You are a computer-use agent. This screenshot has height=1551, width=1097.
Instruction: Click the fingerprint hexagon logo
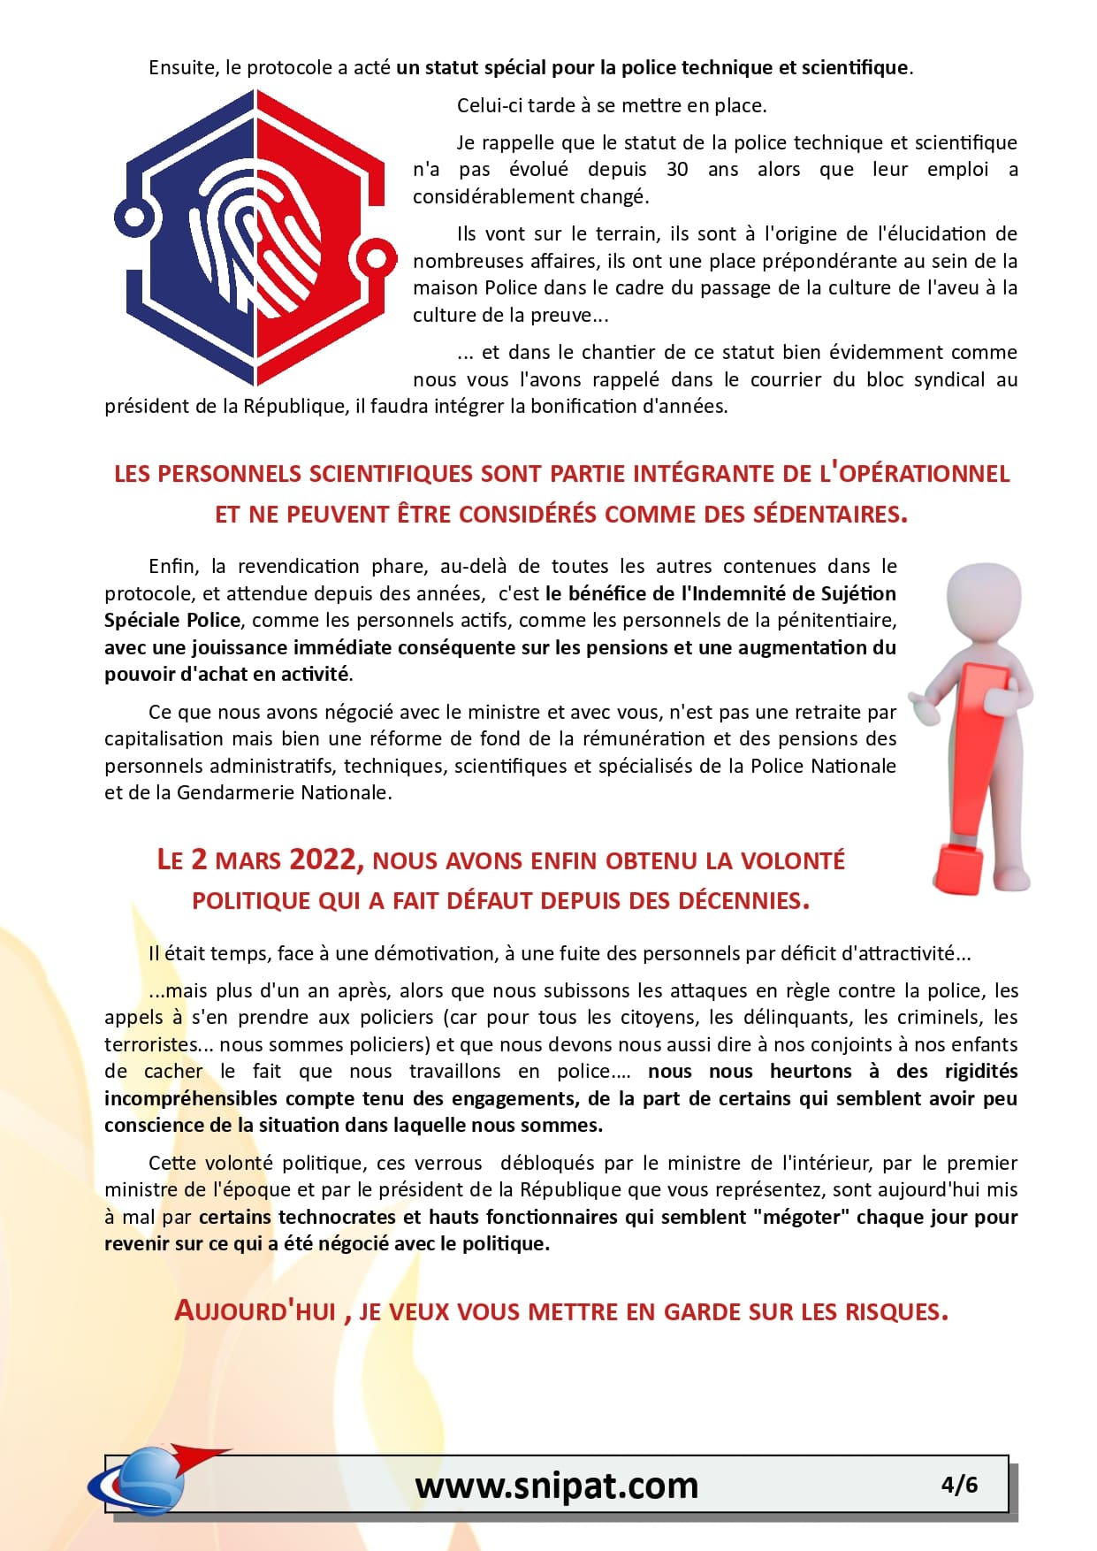pyautogui.click(x=255, y=237)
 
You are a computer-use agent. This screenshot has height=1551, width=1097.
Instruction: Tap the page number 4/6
pyautogui.click(x=959, y=1484)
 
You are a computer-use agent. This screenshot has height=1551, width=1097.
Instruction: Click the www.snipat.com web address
pyautogui.click(x=557, y=1485)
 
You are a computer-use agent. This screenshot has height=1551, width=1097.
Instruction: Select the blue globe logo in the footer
pyautogui.click(x=146, y=1480)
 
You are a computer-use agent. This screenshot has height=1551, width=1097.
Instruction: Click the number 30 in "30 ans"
pyautogui.click(x=677, y=170)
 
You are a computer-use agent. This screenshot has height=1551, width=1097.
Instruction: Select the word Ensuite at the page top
pyautogui.click(x=182, y=68)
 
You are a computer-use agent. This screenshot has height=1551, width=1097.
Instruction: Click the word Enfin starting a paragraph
pyautogui.click(x=174, y=566)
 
